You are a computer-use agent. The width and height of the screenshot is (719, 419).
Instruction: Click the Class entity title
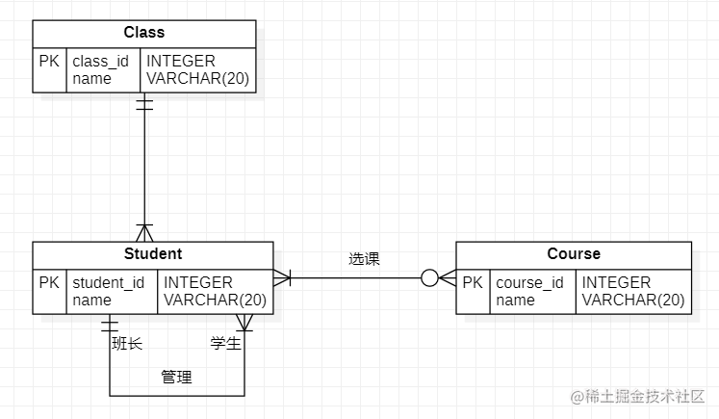click(144, 33)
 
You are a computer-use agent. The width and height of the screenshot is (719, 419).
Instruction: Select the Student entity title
click(153, 254)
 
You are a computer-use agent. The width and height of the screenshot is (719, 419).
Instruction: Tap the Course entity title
click(574, 254)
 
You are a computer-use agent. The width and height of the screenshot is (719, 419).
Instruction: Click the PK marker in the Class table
click(49, 62)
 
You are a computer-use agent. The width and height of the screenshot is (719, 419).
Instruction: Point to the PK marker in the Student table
click(49, 283)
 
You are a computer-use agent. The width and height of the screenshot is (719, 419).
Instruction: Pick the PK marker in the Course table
click(473, 283)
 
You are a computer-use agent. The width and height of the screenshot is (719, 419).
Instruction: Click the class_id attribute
click(100, 62)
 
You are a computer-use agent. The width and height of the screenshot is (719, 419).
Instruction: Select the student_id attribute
click(109, 283)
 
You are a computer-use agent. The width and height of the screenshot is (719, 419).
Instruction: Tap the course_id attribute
click(529, 283)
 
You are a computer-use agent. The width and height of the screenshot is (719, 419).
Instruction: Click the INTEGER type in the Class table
click(181, 62)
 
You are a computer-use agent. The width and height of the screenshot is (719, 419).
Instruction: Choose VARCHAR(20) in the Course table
click(633, 301)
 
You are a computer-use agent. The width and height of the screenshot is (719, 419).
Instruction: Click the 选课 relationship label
click(364, 259)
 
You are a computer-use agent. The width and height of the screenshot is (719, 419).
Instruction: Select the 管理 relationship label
click(176, 378)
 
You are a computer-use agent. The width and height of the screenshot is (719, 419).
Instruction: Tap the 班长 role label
click(127, 344)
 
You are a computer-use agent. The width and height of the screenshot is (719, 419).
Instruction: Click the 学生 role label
click(225, 344)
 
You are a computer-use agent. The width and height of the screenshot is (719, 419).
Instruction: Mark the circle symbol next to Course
click(429, 278)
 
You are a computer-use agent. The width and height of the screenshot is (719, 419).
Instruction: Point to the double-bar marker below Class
click(144, 103)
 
